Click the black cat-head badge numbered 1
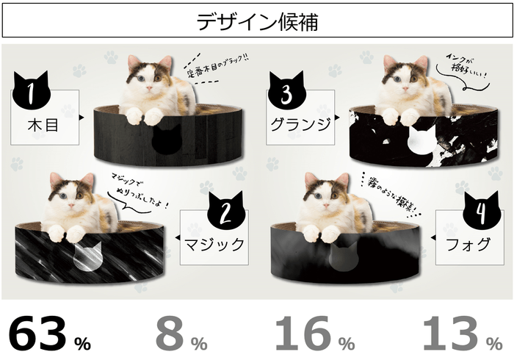(30, 92)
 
